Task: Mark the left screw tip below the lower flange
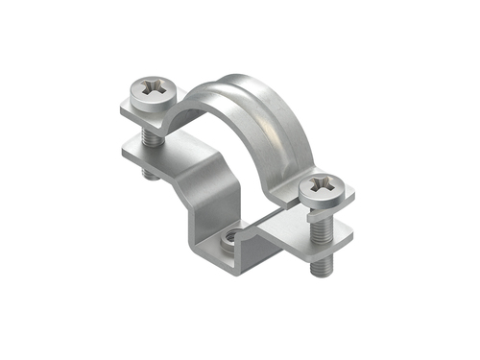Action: point(147,176)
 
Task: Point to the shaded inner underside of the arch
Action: point(202,110)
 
